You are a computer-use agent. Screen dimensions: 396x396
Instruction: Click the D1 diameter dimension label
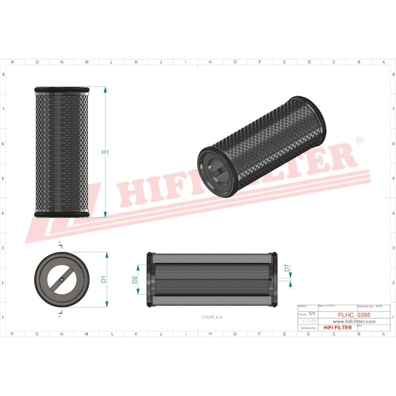tap(103, 279)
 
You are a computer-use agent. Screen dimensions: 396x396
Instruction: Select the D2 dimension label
tap(135, 279)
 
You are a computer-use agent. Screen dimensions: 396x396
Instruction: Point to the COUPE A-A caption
tap(212, 317)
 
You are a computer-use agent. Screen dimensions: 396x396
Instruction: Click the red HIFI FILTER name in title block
tap(337, 328)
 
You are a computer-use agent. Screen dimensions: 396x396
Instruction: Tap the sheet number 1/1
tap(312, 313)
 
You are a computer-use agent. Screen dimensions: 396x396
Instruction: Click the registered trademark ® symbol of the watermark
tap(360, 141)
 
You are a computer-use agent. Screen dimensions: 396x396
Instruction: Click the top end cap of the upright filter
tap(61, 89)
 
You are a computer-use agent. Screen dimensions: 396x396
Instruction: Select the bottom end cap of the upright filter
tap(61, 213)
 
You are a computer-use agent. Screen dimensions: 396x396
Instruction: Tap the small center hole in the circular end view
tap(61, 279)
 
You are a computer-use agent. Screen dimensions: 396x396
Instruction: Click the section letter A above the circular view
tap(59, 242)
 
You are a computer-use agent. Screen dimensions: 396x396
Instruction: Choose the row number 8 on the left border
tap(5, 74)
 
